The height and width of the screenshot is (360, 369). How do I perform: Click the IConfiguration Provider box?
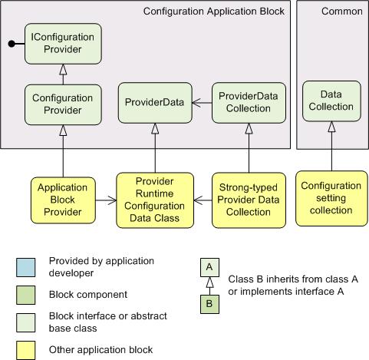point(63,44)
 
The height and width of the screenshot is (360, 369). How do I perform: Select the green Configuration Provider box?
point(63,104)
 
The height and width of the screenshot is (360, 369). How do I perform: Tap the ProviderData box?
point(155,103)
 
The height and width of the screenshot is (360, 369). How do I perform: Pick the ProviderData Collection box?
point(249,103)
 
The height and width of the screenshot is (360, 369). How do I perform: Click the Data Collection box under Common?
point(331,101)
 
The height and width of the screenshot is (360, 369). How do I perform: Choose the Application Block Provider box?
point(63,200)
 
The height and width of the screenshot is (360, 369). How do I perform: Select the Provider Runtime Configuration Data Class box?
point(155,200)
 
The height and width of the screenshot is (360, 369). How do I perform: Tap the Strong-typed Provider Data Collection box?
point(249,200)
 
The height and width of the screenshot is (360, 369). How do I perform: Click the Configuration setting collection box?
point(331,199)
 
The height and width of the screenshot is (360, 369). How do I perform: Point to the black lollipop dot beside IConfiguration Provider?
point(12,44)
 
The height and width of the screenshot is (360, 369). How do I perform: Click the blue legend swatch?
point(26,267)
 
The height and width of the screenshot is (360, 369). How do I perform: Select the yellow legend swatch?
point(26,350)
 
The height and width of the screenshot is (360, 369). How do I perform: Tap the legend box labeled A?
point(209,267)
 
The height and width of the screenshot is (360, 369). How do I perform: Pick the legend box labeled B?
point(209,304)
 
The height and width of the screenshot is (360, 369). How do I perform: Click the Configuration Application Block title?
point(214,12)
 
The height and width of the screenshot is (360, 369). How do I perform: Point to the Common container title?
point(342,12)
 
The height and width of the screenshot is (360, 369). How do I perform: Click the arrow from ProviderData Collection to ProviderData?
point(202,103)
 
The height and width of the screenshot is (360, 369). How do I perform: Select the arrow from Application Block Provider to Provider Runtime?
point(106,200)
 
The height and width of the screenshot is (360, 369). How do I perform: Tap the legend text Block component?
point(88,295)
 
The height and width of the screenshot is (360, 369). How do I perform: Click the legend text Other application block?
point(100,350)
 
